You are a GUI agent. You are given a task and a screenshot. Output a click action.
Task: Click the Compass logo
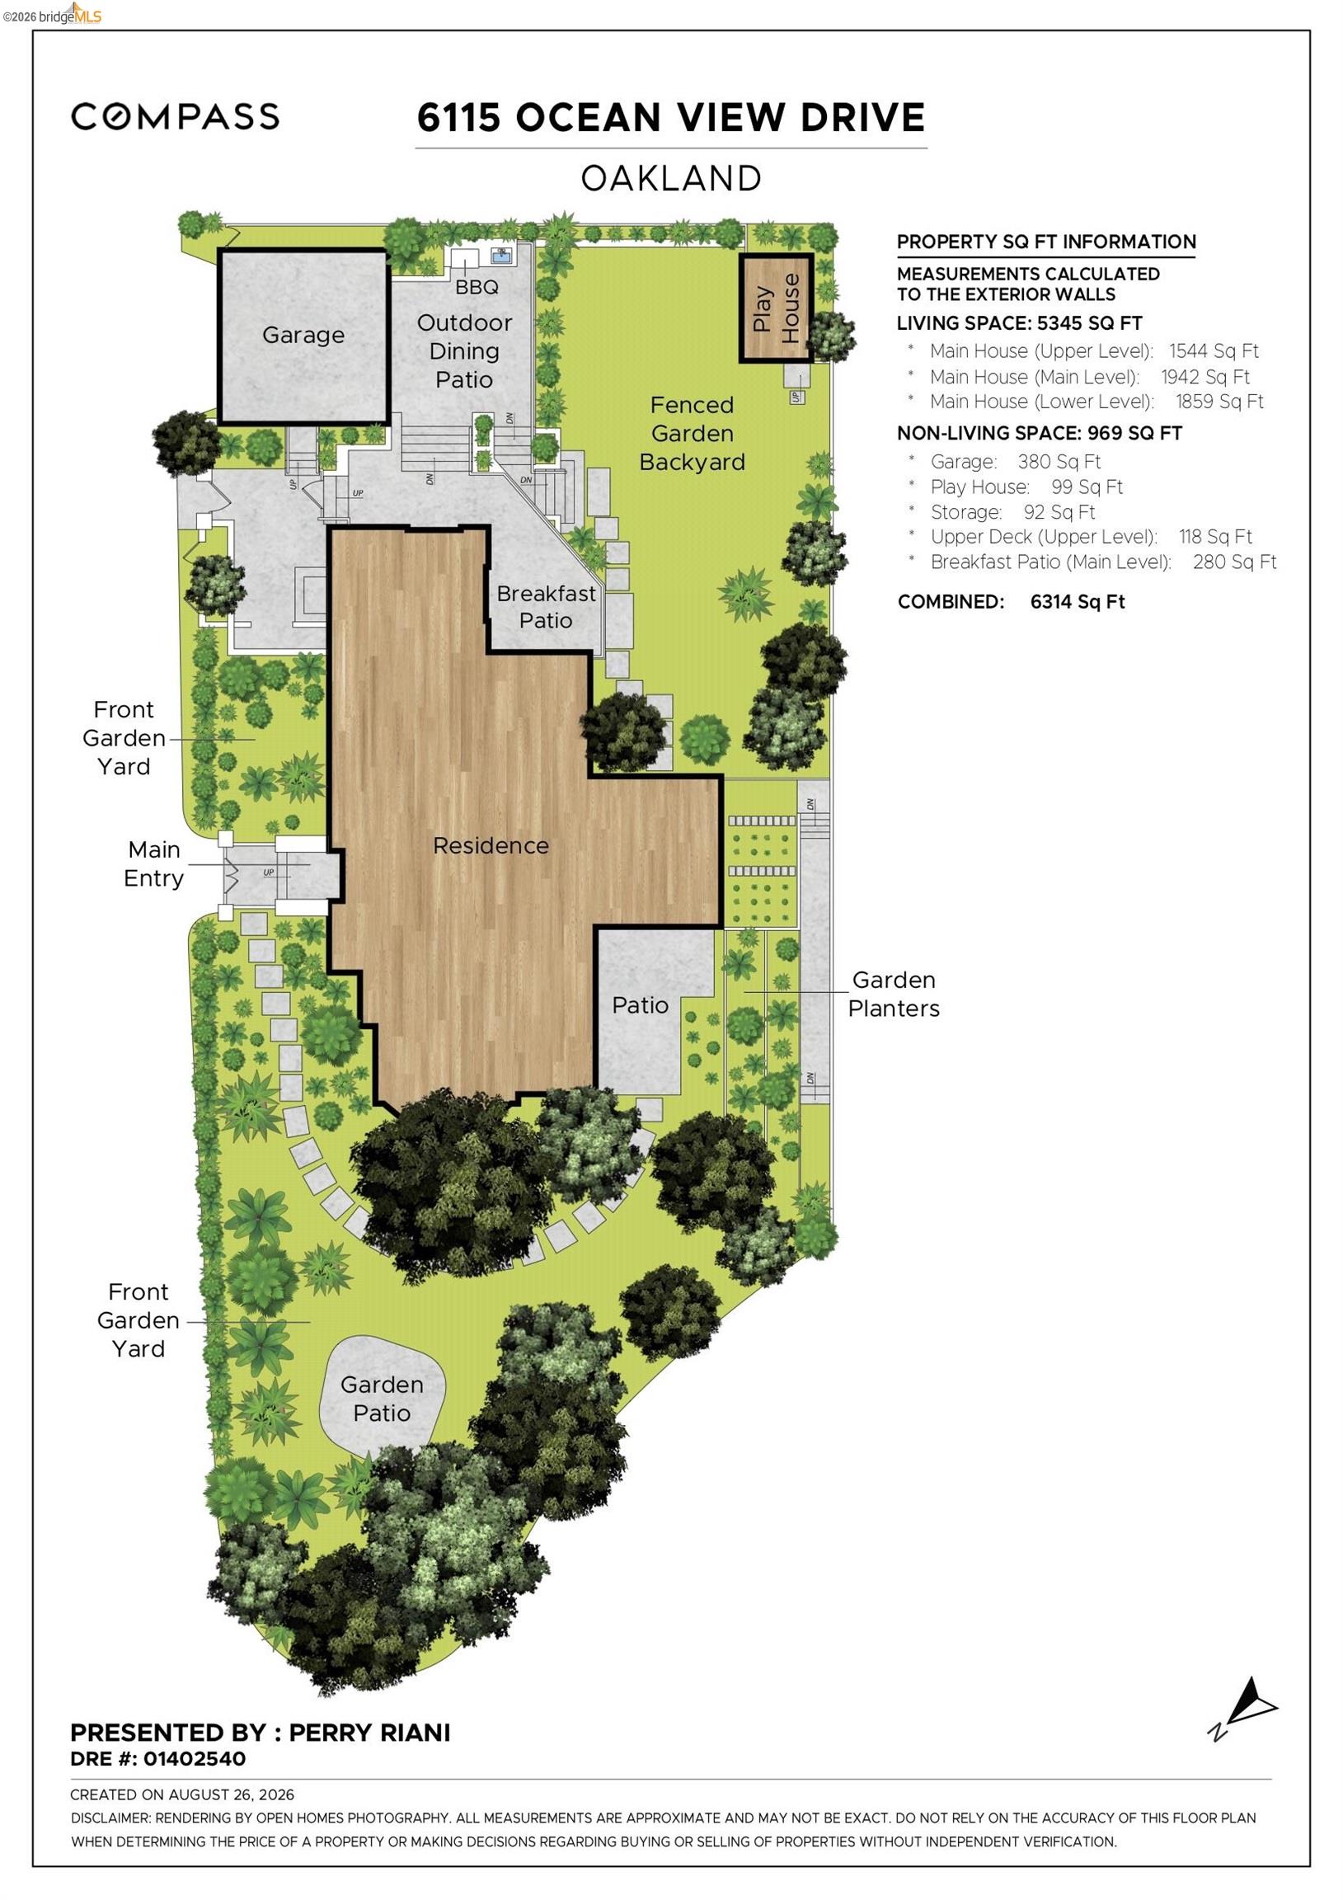tap(175, 116)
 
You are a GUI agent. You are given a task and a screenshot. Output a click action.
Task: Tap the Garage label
tap(303, 335)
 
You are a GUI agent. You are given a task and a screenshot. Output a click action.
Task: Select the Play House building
tap(776, 308)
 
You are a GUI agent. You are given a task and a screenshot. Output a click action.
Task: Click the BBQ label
tap(477, 287)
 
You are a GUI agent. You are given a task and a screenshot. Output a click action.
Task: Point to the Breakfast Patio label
tap(546, 607)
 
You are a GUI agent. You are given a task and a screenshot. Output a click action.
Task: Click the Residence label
tap(491, 846)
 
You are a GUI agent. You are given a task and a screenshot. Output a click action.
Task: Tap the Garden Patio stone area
tap(383, 1399)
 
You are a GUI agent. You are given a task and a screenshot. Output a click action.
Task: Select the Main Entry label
tap(153, 864)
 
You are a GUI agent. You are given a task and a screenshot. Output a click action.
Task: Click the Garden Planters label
tap(894, 994)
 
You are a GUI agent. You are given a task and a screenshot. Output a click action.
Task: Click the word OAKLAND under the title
tap(671, 179)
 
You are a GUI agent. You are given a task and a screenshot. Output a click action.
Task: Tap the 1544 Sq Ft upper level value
tap(1214, 350)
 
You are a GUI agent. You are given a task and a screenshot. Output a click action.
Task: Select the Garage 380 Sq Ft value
tap(1059, 462)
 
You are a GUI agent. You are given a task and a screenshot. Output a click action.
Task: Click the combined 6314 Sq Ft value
tap(1078, 602)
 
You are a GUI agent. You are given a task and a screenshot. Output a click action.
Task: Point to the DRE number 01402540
tap(195, 1758)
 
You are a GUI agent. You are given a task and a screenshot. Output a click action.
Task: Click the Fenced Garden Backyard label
tap(692, 434)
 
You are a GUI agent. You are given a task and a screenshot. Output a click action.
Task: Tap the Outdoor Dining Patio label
tap(464, 350)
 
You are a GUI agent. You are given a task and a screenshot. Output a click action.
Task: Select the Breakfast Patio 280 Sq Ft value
tap(1235, 562)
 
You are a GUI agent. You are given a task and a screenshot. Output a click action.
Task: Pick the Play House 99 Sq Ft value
tap(1087, 487)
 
